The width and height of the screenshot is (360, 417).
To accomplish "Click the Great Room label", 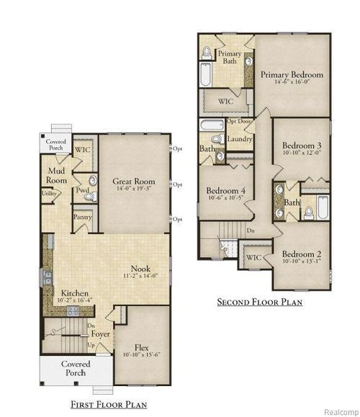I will point(134,181).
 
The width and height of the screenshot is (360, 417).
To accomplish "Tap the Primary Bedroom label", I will point(292,74).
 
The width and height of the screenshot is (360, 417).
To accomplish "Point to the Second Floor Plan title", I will point(260,302).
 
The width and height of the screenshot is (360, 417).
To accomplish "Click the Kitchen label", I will point(74,294).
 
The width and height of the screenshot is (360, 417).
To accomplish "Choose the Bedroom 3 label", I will point(301,146).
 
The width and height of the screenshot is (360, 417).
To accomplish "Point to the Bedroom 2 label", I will point(300,254).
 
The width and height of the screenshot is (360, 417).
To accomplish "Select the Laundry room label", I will point(238,138).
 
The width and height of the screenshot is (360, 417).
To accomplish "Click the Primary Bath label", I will point(230,58).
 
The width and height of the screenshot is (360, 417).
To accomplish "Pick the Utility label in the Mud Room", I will point(50,194).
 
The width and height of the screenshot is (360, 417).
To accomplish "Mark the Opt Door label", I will point(238,121).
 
